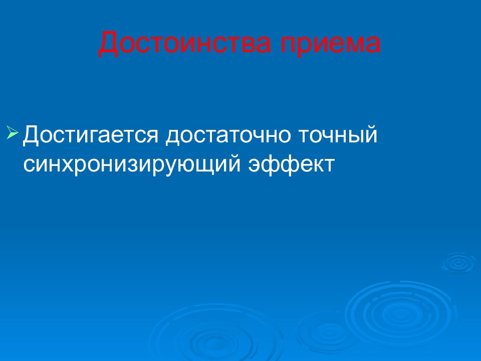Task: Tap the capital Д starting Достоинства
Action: pyautogui.click(x=109, y=45)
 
